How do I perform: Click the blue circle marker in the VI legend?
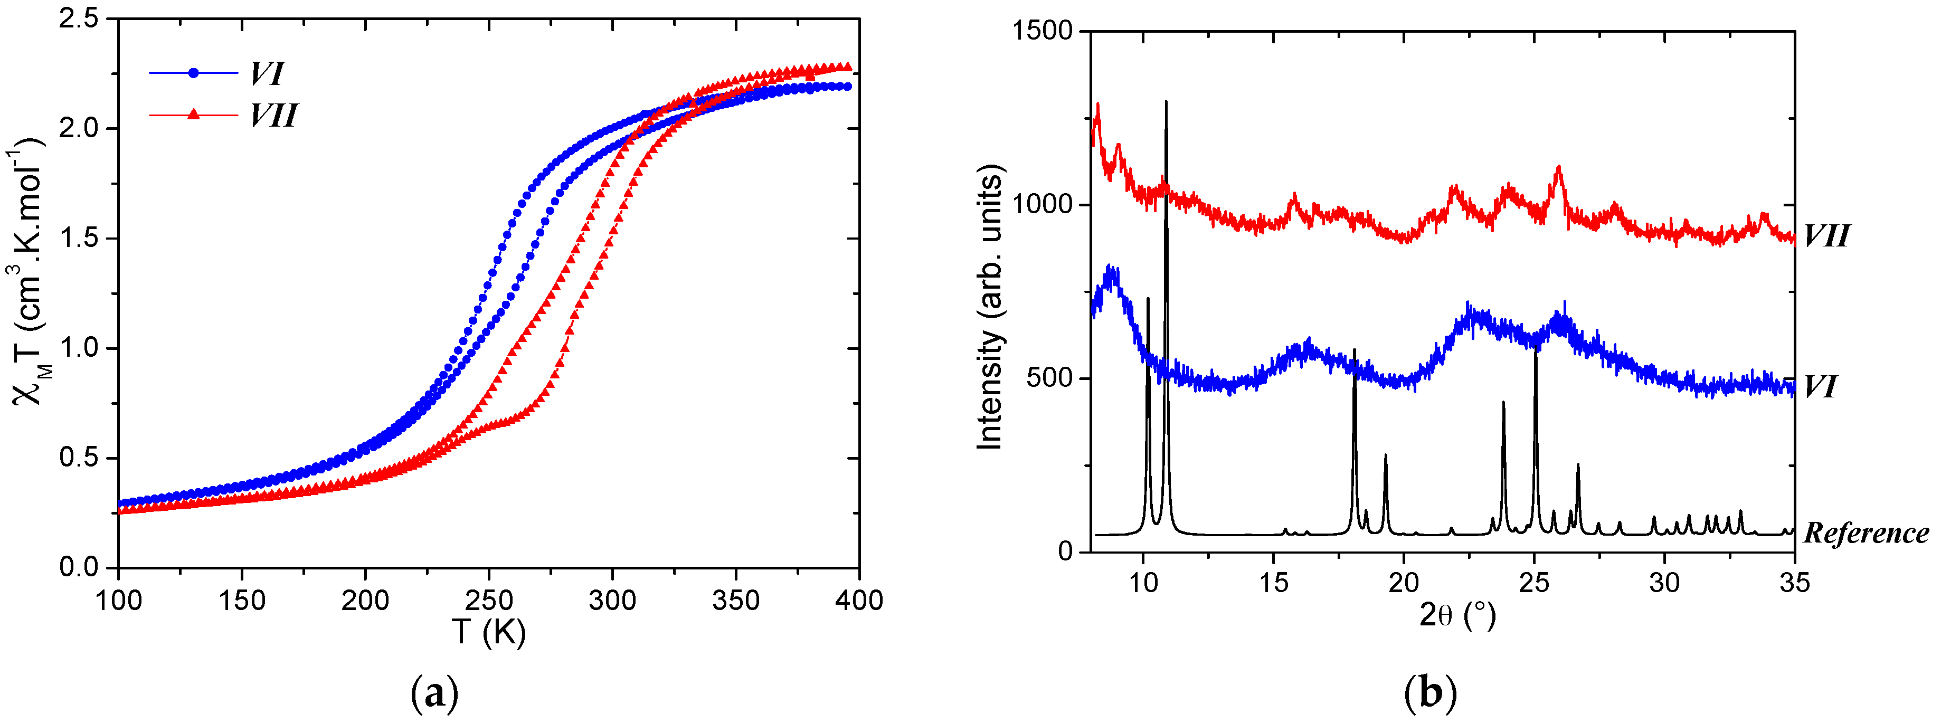click(194, 73)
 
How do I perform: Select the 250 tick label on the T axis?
click(488, 600)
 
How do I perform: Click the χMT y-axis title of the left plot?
click(29, 271)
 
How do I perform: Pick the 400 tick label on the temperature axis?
click(859, 600)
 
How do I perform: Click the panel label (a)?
click(435, 693)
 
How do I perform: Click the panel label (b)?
click(1430, 693)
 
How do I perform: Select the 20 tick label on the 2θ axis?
click(1403, 582)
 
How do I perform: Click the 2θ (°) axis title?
click(1456, 615)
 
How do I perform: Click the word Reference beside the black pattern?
click(1866, 533)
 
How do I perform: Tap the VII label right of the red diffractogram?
click(1826, 236)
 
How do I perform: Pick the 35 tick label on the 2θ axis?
click(1794, 582)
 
